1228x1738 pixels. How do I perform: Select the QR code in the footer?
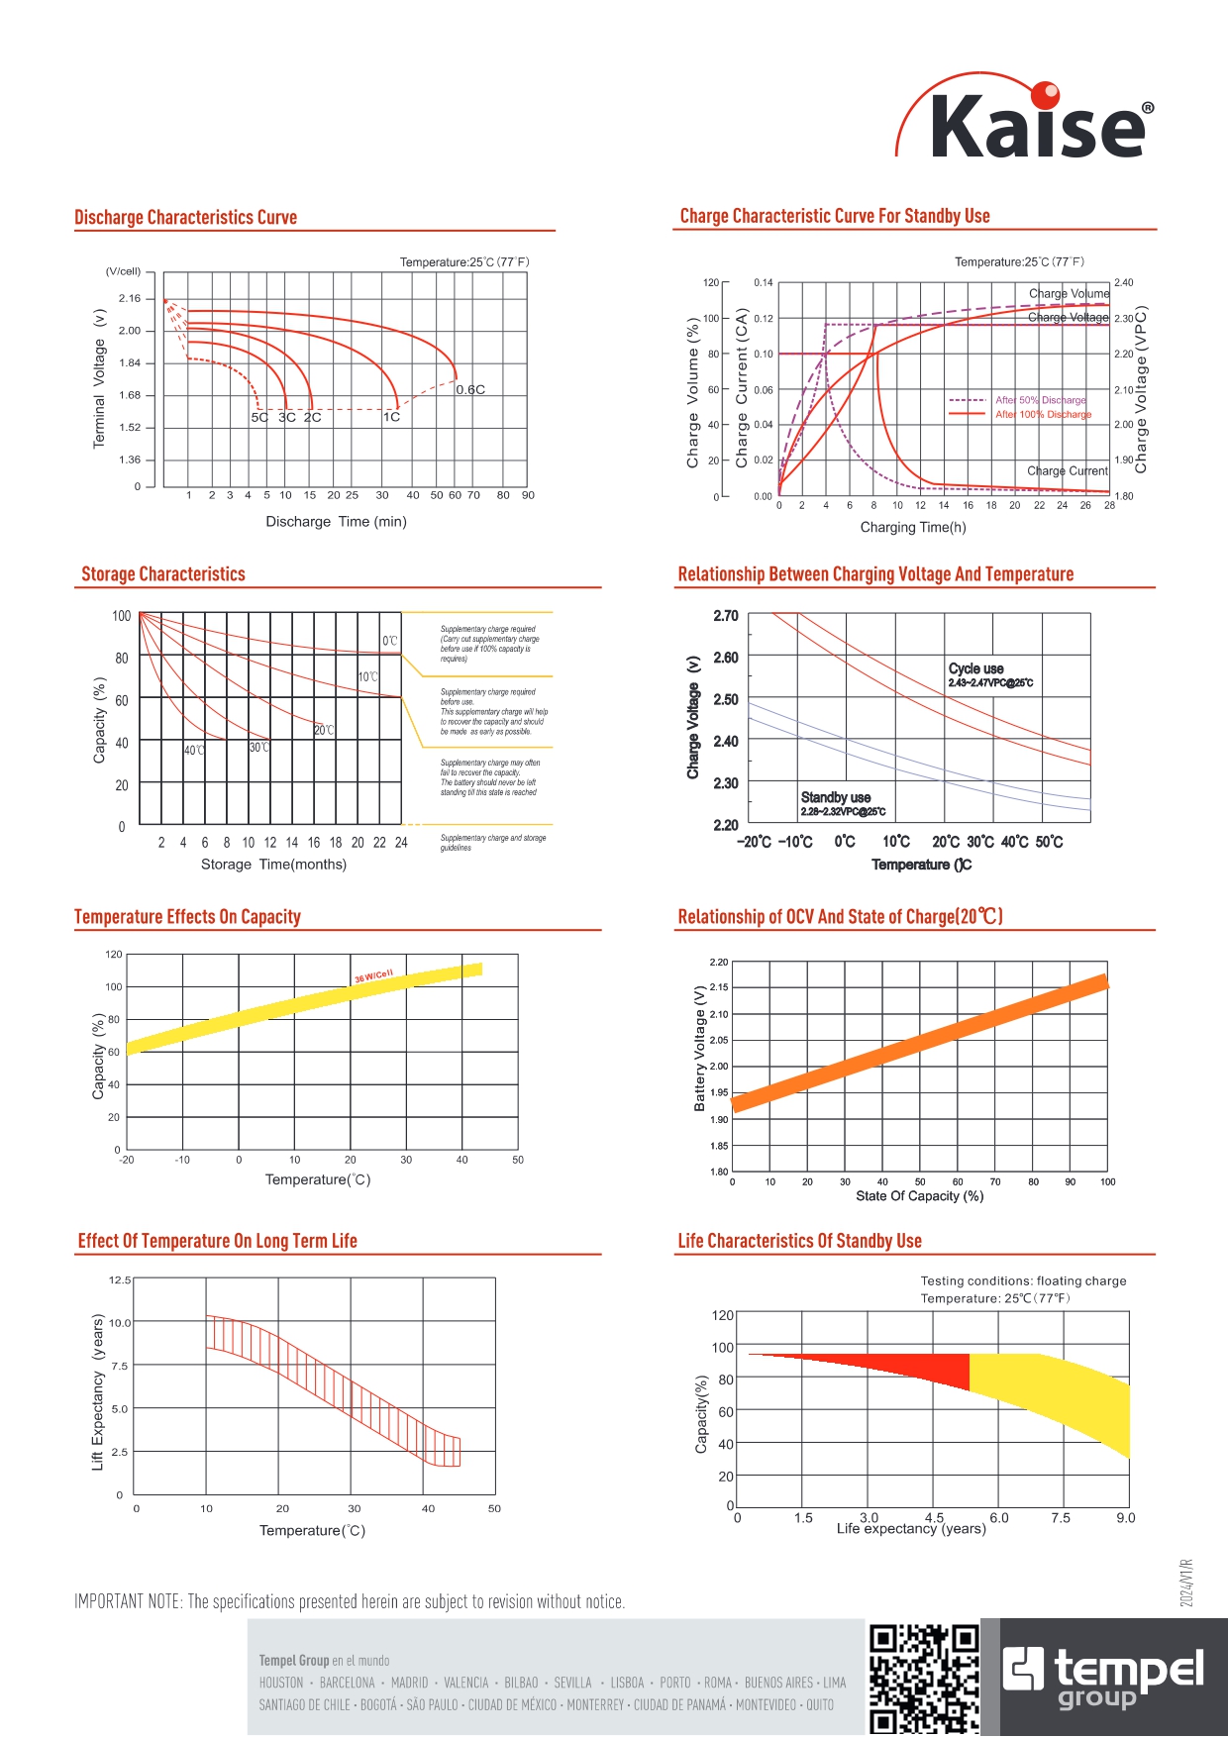click(924, 1679)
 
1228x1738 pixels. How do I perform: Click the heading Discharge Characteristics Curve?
click(186, 218)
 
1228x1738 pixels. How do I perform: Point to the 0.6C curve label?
click(470, 390)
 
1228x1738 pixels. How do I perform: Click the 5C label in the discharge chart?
click(259, 418)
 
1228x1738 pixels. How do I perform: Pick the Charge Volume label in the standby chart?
click(1069, 294)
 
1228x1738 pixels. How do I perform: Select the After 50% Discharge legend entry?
click(1040, 400)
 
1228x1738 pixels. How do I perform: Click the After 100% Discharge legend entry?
click(1043, 415)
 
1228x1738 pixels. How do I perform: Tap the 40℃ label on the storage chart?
click(194, 751)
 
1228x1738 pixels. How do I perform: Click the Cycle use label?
click(976, 669)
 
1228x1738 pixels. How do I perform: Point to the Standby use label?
click(836, 798)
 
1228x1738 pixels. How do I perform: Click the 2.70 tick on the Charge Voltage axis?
click(726, 616)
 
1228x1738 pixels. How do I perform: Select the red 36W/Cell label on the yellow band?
click(374, 976)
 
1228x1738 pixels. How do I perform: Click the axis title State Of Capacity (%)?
click(919, 1196)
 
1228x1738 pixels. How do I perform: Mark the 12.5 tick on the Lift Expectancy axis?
click(120, 1280)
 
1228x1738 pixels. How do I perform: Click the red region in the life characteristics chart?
click(921, 1367)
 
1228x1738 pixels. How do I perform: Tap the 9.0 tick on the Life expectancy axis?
click(1126, 1518)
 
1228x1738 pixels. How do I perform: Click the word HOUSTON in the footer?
click(281, 1683)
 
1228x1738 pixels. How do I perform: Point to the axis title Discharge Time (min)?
click(336, 522)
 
